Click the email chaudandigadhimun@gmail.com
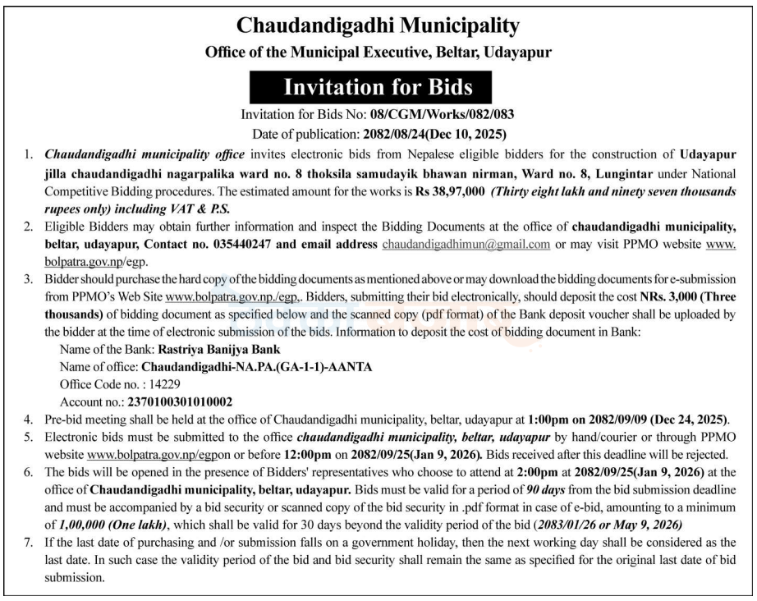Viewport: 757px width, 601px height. pos(466,245)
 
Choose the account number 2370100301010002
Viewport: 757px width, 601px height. pos(180,401)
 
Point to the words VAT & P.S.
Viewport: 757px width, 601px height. pos(204,209)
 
